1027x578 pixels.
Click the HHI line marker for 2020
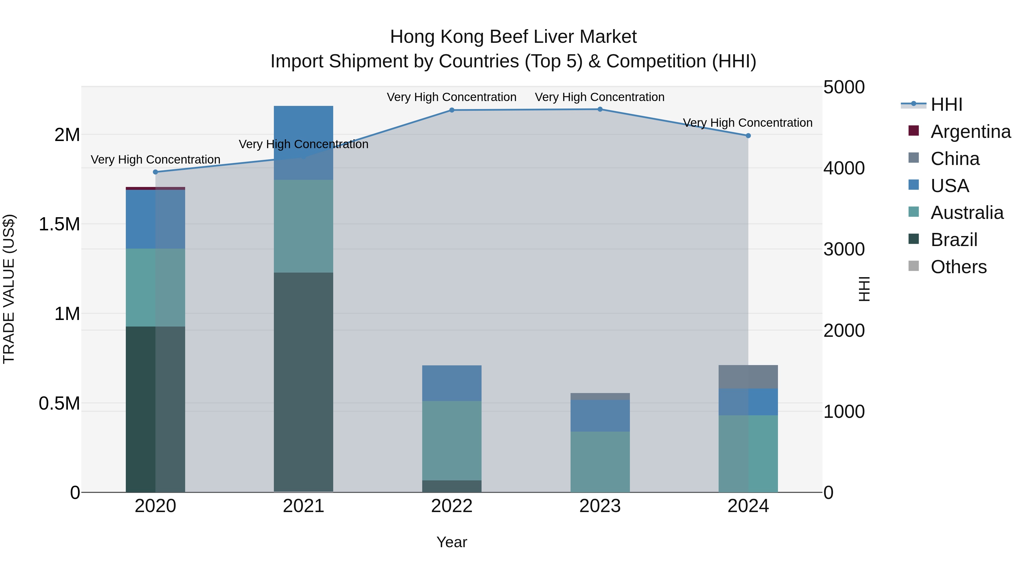(x=155, y=172)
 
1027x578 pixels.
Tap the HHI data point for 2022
(x=452, y=110)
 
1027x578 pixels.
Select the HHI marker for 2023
(x=600, y=109)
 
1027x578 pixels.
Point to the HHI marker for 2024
(x=748, y=136)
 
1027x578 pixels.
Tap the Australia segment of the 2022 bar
(x=452, y=440)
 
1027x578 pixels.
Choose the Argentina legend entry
(x=971, y=132)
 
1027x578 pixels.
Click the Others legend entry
(x=959, y=267)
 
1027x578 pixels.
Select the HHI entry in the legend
(x=947, y=104)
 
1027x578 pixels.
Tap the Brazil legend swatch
(x=913, y=239)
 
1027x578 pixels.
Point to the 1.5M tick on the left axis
(x=59, y=224)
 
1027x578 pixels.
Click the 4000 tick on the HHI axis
(x=844, y=168)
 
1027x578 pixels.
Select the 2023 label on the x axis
(x=600, y=506)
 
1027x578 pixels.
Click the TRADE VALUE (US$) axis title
(x=9, y=289)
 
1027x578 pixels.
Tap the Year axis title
(x=452, y=542)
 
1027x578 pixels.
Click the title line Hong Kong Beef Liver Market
(x=513, y=37)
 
